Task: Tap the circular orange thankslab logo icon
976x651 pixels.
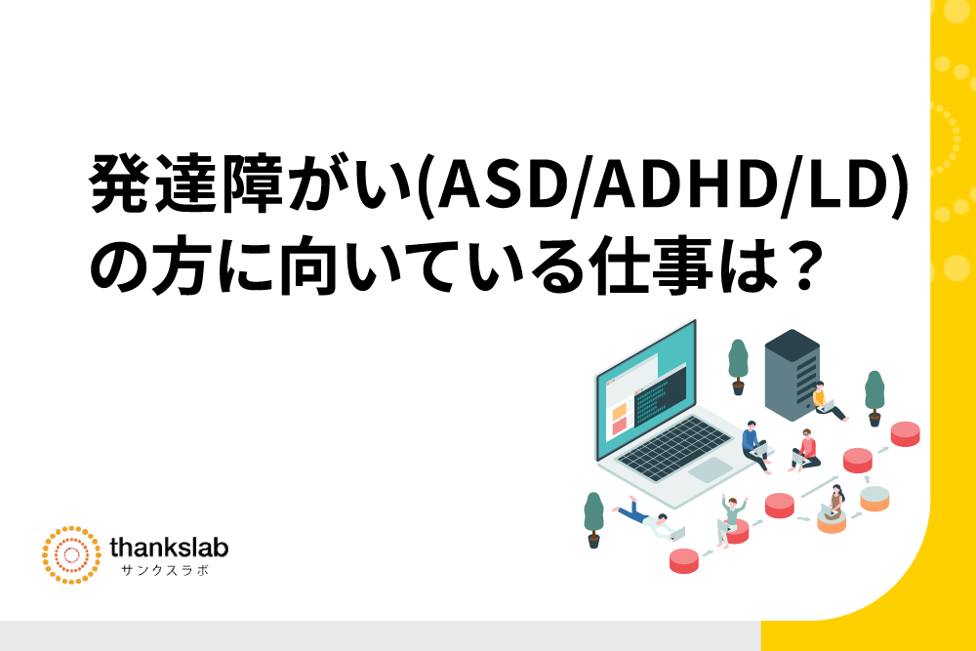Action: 71,555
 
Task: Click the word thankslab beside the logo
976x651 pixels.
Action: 169,549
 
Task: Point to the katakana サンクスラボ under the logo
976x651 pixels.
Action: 166,570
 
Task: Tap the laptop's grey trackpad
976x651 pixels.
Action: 711,469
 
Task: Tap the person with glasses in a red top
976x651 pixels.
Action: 806,450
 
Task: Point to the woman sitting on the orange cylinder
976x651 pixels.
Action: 834,505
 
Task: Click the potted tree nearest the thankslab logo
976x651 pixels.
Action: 593,520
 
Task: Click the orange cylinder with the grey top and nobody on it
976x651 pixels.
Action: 874,499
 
